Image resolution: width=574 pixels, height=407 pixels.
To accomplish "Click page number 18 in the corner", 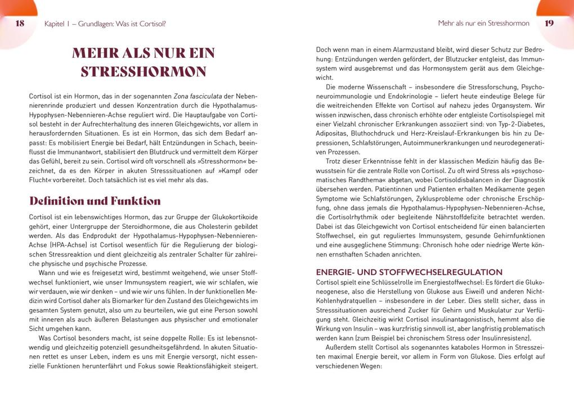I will (20, 24).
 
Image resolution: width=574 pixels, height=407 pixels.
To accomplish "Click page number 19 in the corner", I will (550, 24).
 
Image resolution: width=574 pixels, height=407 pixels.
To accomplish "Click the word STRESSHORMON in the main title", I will (143, 72).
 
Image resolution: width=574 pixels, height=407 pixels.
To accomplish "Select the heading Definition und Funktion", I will (95, 201).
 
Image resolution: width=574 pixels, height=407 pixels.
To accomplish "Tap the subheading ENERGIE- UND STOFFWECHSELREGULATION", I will (409, 272).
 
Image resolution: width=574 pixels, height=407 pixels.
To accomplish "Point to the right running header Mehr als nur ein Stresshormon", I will (483, 24).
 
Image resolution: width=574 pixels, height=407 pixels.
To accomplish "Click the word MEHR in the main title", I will (95, 54).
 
